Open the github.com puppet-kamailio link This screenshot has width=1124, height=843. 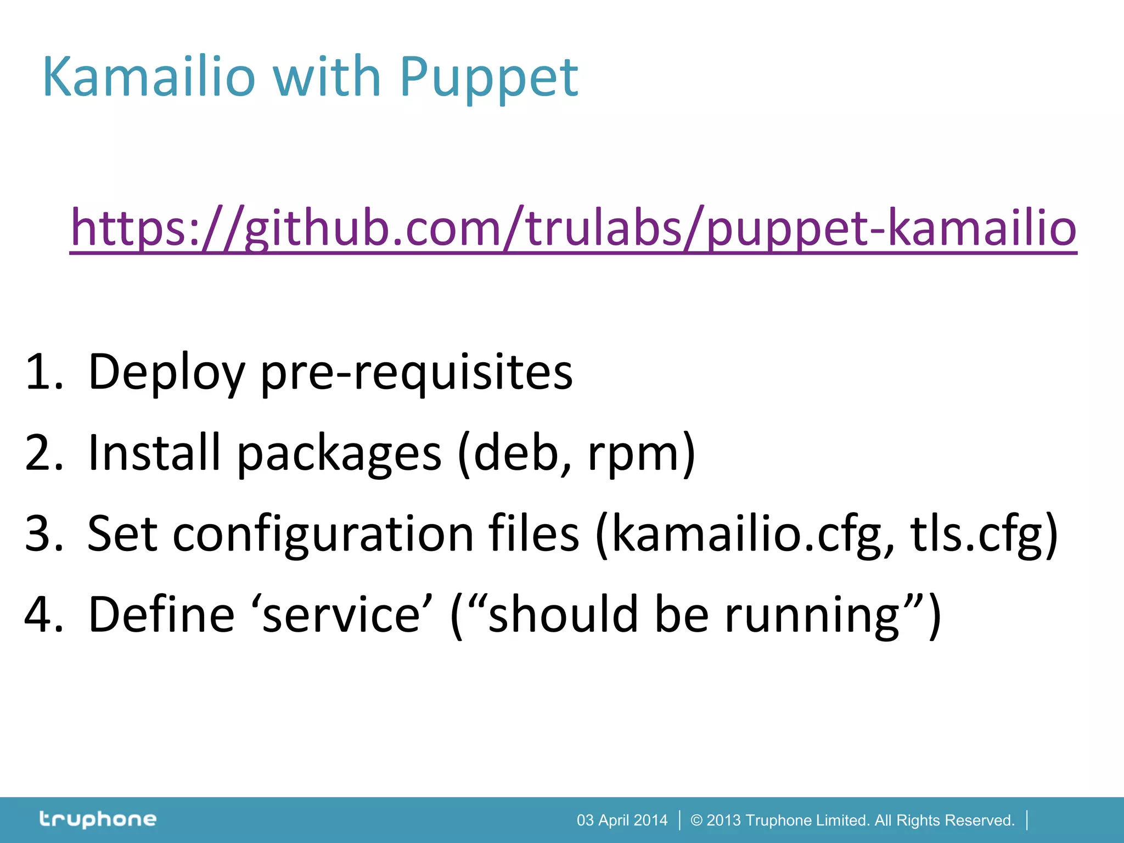(x=574, y=228)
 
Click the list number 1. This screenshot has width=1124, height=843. (x=44, y=373)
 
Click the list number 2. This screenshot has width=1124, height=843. (x=44, y=453)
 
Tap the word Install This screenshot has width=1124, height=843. (x=154, y=453)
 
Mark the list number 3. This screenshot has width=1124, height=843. (x=44, y=534)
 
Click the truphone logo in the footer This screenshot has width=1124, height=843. (x=98, y=819)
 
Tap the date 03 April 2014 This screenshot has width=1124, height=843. (x=622, y=820)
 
